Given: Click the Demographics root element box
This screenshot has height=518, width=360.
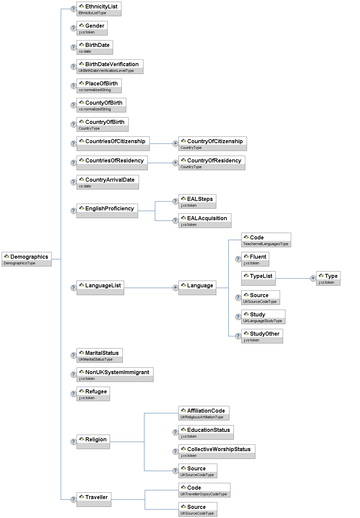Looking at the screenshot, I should pyautogui.click(x=27, y=259).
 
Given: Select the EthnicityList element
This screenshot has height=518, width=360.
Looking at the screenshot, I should pyautogui.click(x=99, y=9).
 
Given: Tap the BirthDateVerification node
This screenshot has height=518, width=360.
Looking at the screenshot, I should pyautogui.click(x=110, y=67).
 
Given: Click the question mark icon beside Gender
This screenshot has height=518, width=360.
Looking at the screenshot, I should pyautogui.click(x=73, y=28).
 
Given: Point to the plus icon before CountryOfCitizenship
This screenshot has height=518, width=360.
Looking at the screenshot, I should pyautogui.click(x=175, y=144).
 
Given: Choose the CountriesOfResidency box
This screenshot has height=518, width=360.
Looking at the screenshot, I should pyautogui.click(x=112, y=163).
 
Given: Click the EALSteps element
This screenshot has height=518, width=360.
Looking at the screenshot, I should pyautogui.click(x=197, y=201).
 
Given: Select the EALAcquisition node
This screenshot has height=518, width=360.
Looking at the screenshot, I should pyautogui.click(x=204, y=221).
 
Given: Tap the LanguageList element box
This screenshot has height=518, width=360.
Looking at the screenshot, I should pyautogui.click(x=100, y=288).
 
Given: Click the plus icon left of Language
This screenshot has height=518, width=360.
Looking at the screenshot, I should pyautogui.click(x=175, y=288).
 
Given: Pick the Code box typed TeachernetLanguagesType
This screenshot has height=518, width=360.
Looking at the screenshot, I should pyautogui.click(x=266, y=240).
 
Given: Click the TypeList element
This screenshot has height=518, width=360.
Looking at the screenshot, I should pyautogui.click(x=258, y=278).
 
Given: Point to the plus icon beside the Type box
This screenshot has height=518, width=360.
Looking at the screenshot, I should pyautogui.click(x=313, y=278).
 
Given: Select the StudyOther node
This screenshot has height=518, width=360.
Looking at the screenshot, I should pyautogui.click(x=262, y=336).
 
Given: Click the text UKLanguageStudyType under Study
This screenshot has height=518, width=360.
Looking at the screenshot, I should pyautogui.click(x=262, y=321).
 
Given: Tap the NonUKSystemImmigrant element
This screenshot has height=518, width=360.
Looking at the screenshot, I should pyautogui.click(x=115, y=374).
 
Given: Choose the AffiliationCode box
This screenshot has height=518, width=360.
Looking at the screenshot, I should pyautogui.click(x=204, y=413).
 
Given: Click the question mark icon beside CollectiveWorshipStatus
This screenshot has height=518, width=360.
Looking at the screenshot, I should pyautogui.click(x=175, y=451).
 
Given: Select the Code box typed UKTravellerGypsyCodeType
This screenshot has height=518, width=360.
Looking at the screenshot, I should pyautogui.click(x=204, y=490).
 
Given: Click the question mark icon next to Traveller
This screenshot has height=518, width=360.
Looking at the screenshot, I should pyautogui.click(x=73, y=499).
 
